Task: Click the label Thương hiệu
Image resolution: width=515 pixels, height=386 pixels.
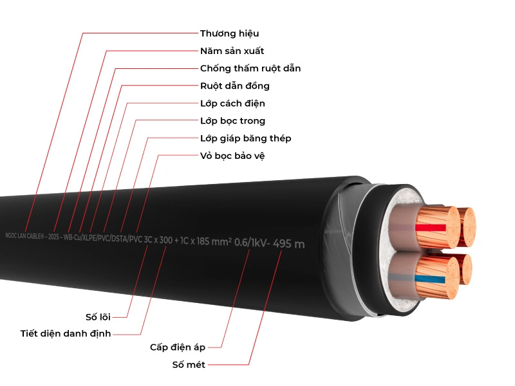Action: coord(229,33)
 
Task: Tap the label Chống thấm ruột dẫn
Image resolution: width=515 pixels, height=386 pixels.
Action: coord(250,68)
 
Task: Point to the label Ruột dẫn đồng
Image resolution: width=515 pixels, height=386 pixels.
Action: coord(234,86)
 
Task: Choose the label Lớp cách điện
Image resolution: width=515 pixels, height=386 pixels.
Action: coord(232,103)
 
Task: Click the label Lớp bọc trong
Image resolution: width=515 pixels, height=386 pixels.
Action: coord(232,120)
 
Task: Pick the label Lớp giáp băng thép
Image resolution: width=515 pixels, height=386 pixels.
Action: coord(245,138)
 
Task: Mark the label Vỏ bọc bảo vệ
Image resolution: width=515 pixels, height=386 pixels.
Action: coord(232,155)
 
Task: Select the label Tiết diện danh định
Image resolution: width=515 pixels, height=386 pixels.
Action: coord(65,333)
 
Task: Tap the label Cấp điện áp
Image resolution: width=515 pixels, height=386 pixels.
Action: coord(177,347)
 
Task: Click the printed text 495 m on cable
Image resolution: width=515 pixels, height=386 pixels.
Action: coord(288,243)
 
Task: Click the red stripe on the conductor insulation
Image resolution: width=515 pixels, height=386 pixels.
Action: coord(431,227)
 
